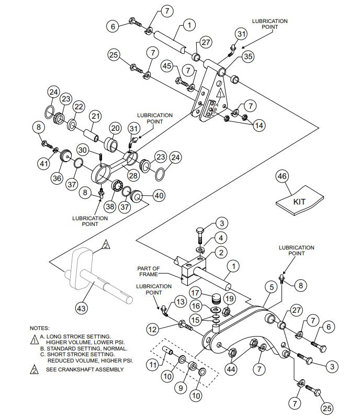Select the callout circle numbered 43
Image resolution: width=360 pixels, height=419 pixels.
click(81, 309)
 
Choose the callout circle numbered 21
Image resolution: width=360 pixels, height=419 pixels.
click(95, 116)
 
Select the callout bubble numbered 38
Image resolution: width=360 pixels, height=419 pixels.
click(110, 206)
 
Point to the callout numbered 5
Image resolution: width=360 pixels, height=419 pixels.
click(271, 286)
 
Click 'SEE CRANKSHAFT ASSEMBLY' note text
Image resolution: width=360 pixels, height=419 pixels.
click(85, 369)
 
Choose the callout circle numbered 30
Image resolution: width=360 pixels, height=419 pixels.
click(83, 150)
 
